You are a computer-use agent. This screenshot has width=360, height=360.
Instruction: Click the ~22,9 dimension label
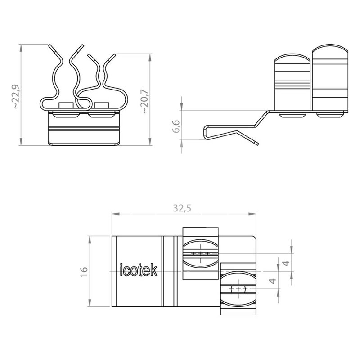coord(16,96)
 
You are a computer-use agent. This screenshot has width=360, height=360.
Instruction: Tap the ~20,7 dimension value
coord(145,101)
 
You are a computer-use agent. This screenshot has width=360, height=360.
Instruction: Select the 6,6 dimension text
coord(176,126)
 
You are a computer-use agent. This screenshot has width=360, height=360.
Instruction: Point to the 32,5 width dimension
coord(182,208)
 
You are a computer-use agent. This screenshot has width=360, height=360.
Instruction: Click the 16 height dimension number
coord(84,272)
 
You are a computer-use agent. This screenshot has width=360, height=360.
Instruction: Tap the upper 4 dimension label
coord(286,263)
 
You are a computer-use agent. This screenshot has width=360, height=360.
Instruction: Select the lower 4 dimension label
coord(273,280)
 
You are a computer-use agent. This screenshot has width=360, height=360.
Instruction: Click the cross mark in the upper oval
coord(200,253)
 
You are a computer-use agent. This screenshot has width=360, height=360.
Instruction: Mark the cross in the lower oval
coord(238,289)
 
